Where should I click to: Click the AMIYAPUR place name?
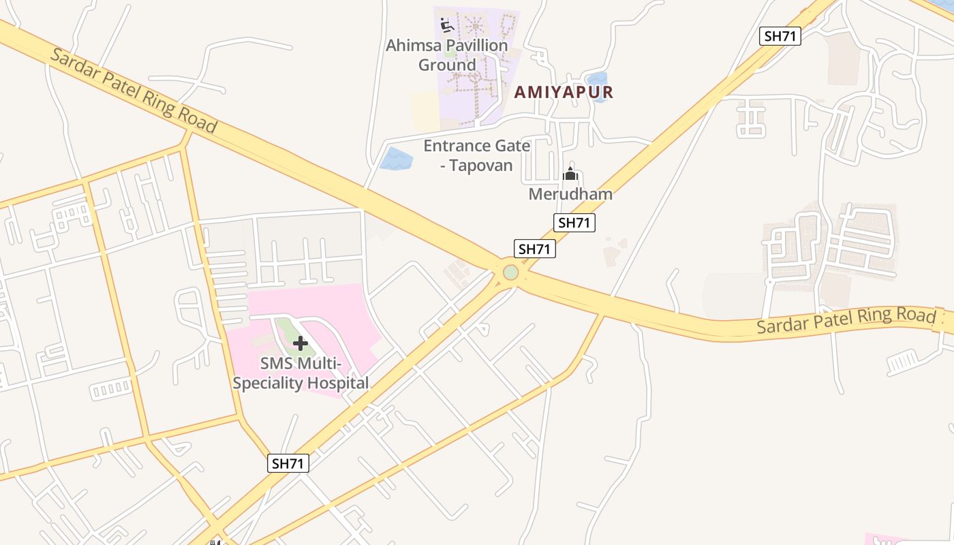pos(564,92)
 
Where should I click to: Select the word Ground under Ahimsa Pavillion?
pos(447,65)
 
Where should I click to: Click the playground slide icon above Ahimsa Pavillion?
pos(447,26)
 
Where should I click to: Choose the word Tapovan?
pos(481,166)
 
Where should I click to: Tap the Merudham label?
pos(570,194)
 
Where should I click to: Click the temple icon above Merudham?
pos(570,175)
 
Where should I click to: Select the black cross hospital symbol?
pos(300,343)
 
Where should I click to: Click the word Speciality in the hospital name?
pos(268,383)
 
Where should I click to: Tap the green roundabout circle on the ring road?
pos(510,272)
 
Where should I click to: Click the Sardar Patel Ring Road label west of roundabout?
pos(133,91)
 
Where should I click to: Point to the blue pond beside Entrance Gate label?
pos(395,159)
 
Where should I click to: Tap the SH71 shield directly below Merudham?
pos(574,222)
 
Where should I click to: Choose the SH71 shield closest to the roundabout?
pos(534,249)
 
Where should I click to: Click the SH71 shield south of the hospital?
pos(288,463)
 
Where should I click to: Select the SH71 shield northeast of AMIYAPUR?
pos(780,36)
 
